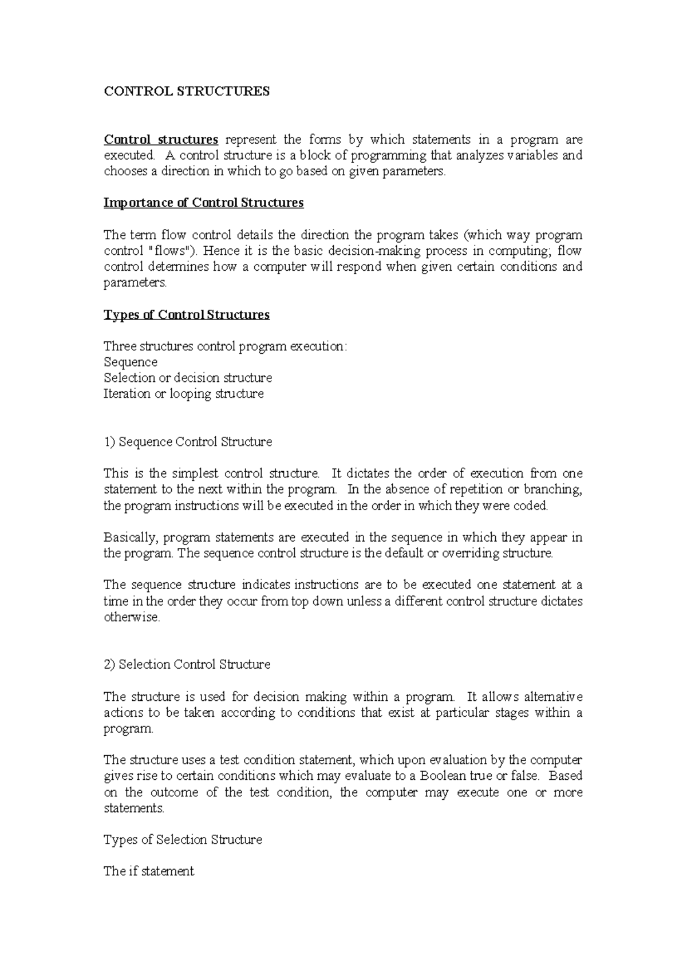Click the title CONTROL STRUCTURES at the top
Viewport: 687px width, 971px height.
coord(186,92)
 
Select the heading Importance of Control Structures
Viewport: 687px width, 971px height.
coord(203,203)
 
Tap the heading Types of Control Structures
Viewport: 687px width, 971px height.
coord(186,315)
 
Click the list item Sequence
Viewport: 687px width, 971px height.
coord(131,362)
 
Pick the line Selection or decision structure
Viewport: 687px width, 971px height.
coord(188,378)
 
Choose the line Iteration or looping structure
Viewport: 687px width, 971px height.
coord(183,394)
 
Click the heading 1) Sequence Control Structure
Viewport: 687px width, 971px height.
coord(188,442)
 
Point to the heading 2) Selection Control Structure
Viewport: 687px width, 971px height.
coord(187,665)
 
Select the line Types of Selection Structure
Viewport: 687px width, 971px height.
coord(183,840)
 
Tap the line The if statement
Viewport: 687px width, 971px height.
coord(149,871)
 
